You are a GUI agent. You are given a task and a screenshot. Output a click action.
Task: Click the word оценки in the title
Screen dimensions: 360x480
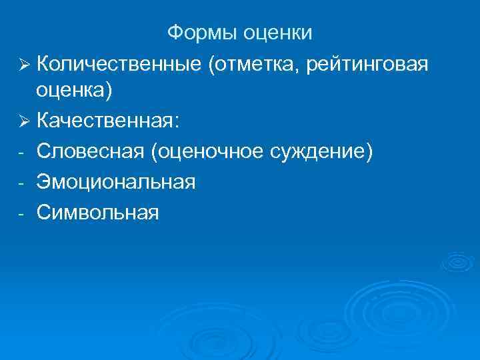pyautogui.click(x=277, y=32)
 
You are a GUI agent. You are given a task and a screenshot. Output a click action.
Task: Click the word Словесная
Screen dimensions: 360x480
pyautogui.click(x=91, y=152)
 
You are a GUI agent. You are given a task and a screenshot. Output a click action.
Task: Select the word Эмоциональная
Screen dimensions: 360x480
pyautogui.click(x=117, y=182)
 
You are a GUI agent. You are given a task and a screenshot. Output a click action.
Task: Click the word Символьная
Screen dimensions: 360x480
pyautogui.click(x=98, y=212)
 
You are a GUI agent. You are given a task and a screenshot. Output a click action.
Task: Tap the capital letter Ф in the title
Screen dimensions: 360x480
pyautogui.click(x=175, y=32)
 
